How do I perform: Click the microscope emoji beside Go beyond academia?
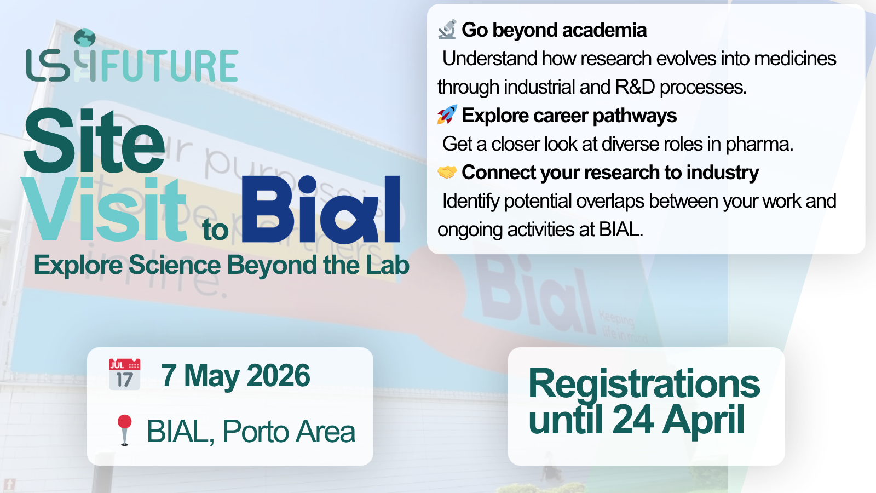(447, 30)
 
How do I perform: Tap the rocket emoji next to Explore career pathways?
(447, 114)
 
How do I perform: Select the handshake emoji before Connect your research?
(447, 172)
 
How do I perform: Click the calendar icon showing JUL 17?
(124, 375)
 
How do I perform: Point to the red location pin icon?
(124, 430)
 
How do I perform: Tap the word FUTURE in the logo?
(169, 66)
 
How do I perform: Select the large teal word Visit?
(104, 209)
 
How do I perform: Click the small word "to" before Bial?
(215, 230)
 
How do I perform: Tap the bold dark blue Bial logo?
(321, 209)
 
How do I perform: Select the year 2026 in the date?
(278, 376)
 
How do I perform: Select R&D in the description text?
(635, 87)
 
